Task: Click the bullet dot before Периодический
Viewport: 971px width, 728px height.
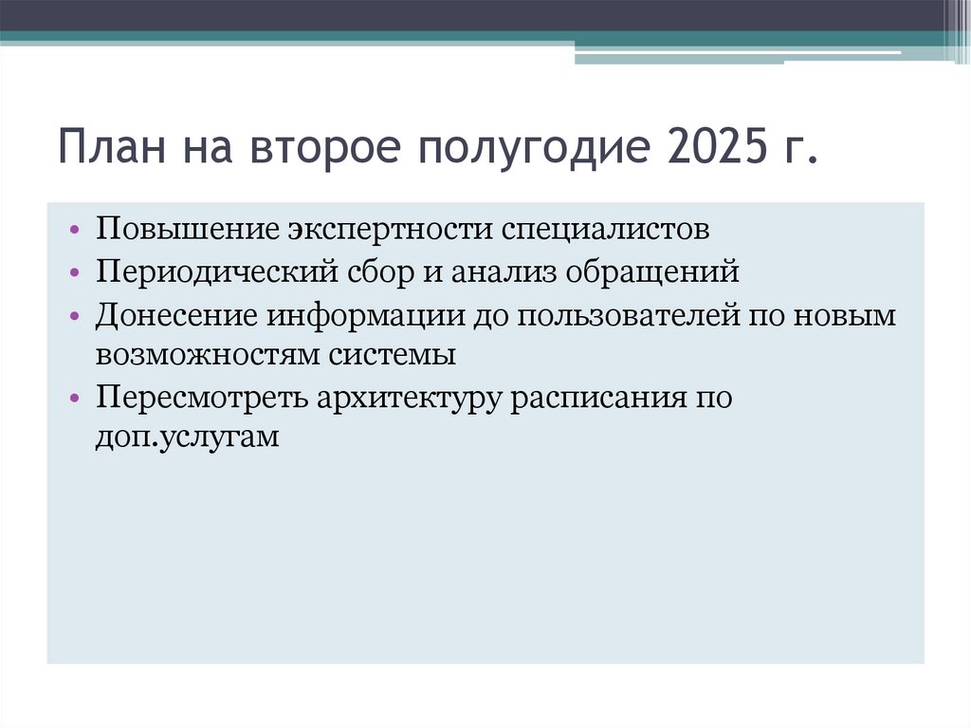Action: click(x=75, y=273)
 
